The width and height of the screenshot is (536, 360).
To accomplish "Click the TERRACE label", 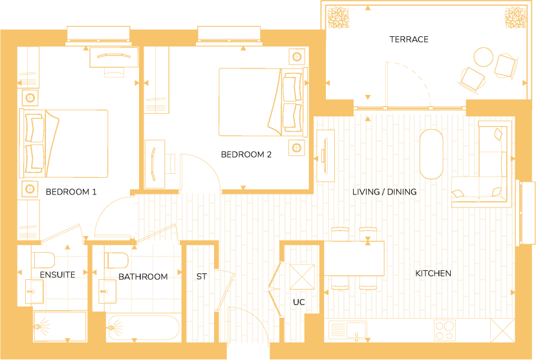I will point(409,39).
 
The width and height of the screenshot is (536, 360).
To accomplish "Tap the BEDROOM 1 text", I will point(71,192).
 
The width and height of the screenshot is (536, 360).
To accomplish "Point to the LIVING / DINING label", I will point(384,192).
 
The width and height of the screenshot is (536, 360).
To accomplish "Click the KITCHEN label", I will point(433,273).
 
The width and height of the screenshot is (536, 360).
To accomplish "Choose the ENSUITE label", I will point(58,275).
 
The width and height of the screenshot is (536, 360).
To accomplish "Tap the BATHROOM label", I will point(143,277).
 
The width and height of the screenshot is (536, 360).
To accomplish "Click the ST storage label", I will point(201,277).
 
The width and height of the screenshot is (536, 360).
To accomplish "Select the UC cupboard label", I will point(298,302).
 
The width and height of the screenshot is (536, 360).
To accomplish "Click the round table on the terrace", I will point(483,58).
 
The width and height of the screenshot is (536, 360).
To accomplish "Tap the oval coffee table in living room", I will point(431,154).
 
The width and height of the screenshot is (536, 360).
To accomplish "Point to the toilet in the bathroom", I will point(117,260).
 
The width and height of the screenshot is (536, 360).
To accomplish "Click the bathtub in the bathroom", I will point(144,329).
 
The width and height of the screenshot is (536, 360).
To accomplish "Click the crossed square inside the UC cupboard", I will point(301,277).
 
